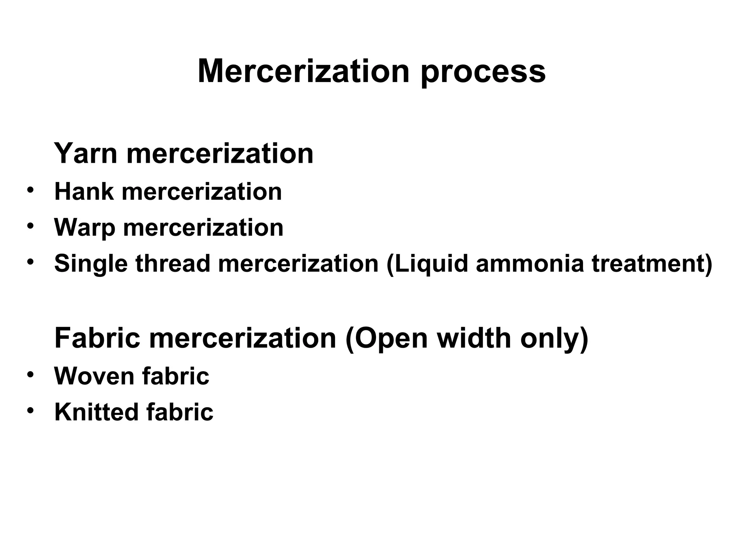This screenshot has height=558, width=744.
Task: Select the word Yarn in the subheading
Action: click(86, 153)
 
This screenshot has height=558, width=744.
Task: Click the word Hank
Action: click(84, 191)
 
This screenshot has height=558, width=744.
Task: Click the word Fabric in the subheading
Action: click(97, 338)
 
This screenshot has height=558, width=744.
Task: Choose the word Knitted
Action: click(96, 412)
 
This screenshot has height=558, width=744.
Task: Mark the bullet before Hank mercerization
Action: click(31, 190)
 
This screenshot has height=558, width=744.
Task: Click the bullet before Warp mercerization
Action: click(31, 226)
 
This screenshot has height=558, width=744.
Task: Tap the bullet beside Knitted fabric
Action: click(31, 410)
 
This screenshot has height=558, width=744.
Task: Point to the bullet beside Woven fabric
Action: click(31, 374)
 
